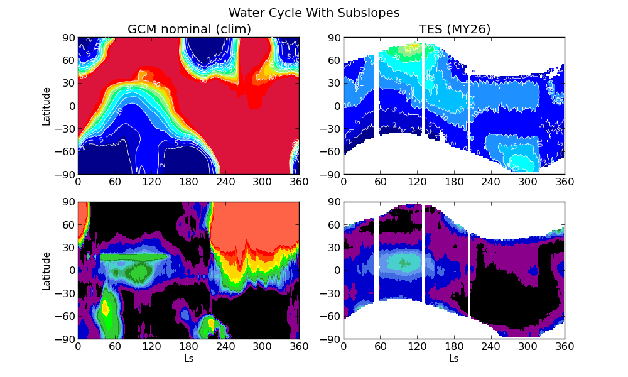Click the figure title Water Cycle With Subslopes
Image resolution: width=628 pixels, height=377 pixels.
point(314,13)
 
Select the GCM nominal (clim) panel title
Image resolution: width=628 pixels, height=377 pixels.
point(189,29)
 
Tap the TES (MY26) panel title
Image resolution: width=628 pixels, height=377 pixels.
point(454,29)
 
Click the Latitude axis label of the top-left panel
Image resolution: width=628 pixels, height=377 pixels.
point(46,106)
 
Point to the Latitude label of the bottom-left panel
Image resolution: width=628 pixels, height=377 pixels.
point(46,271)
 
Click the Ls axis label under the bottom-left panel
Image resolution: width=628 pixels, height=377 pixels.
point(188,359)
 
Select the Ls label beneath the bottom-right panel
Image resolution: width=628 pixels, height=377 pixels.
point(454,359)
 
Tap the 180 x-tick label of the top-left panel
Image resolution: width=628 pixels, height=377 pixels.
point(188,182)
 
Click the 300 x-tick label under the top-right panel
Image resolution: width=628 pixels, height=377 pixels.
point(528,182)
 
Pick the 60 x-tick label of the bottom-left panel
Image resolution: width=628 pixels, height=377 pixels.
point(115,346)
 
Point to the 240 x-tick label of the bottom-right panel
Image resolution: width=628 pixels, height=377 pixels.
point(490,346)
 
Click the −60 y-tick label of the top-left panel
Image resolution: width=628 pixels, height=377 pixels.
point(66,151)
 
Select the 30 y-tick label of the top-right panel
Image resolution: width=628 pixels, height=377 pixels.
point(334,84)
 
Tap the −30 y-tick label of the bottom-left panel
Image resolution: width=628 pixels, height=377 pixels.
point(66,293)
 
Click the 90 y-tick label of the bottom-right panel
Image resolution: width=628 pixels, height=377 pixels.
point(334,202)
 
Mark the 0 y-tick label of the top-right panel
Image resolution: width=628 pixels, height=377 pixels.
point(337,106)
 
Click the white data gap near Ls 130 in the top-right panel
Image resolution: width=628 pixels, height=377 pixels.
point(423,94)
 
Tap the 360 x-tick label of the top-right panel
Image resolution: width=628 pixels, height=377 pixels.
point(565,182)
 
